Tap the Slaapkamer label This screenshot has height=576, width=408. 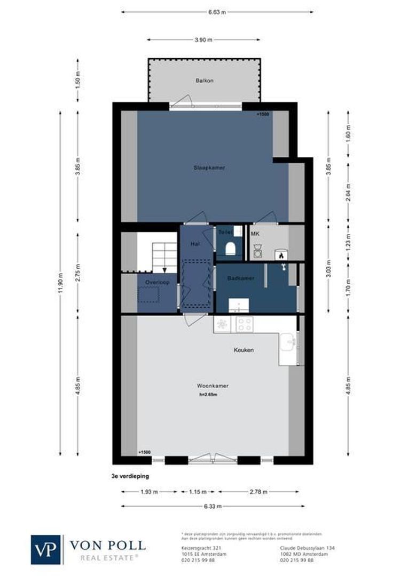209,167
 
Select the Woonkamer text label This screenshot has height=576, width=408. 209,385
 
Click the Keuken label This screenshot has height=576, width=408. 243,350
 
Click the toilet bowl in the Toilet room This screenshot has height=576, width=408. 230,249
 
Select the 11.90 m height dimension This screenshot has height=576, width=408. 60,283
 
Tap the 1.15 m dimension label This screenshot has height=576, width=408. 198,492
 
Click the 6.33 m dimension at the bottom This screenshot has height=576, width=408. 209,506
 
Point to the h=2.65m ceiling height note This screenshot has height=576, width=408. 209,395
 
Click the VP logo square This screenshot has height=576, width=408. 47,549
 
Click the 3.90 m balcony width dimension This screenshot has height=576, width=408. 203,39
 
